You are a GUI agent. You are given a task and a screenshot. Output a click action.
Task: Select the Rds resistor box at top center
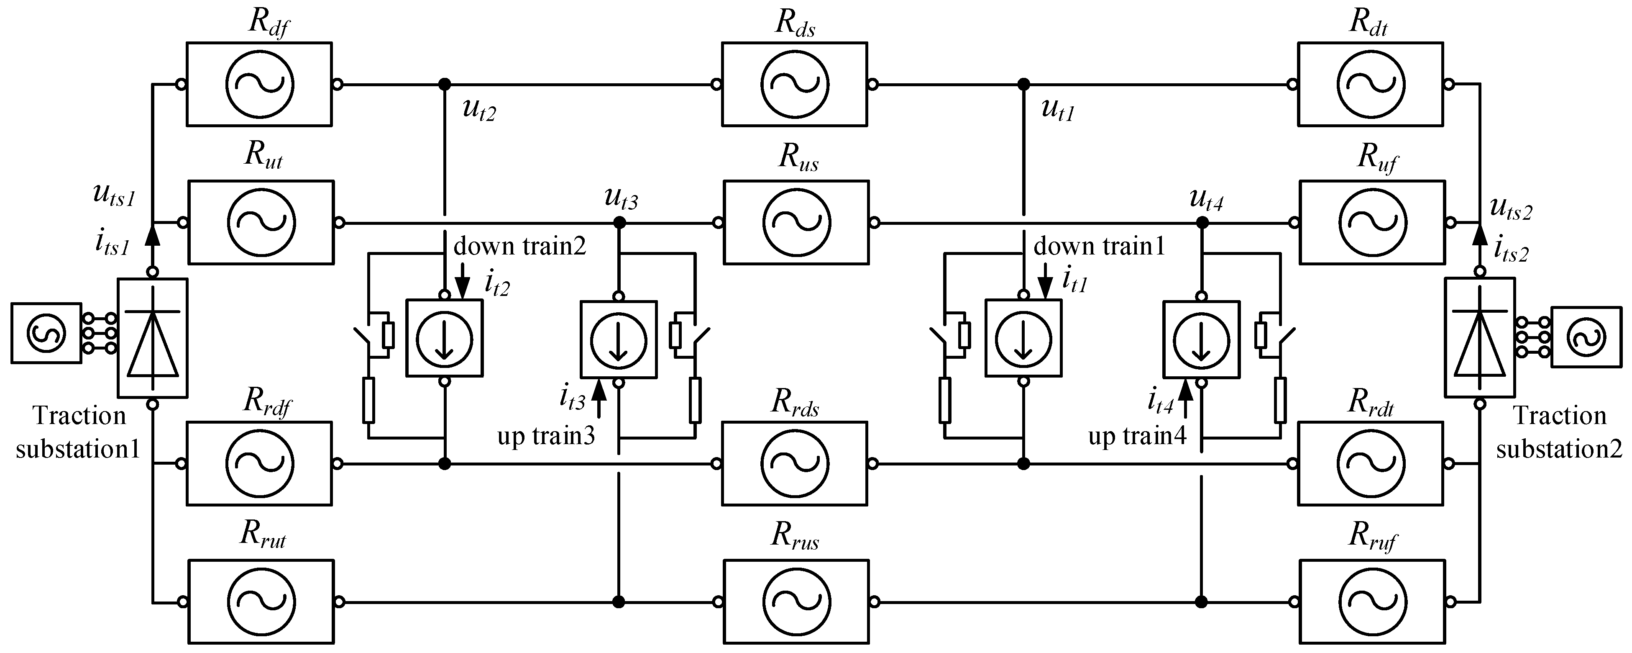[x=794, y=84]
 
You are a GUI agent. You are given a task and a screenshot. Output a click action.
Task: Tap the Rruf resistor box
[x=1372, y=601]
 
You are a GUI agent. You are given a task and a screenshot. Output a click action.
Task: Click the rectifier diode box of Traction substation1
[x=152, y=338]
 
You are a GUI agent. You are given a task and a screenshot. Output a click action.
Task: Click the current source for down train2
[x=444, y=338]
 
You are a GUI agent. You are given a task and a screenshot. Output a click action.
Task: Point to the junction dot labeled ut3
[x=619, y=223]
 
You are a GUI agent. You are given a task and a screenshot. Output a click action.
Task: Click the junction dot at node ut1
[x=1023, y=84]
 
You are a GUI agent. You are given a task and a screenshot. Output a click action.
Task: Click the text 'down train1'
[x=1099, y=246]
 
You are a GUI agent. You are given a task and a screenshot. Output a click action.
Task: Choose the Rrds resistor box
[x=794, y=463]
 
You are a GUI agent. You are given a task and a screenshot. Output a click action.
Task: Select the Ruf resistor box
[x=1372, y=223]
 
